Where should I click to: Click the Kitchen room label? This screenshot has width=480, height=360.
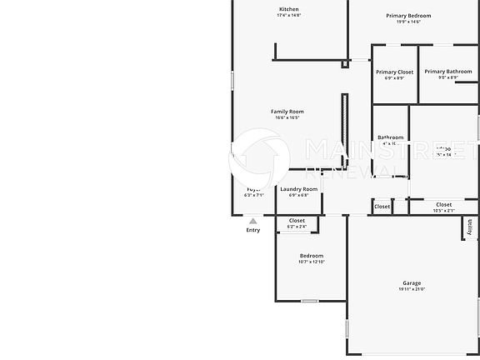288,9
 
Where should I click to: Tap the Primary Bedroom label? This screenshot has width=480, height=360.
408,16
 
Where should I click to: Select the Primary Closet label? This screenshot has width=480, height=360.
394,72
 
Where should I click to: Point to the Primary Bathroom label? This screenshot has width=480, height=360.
447,72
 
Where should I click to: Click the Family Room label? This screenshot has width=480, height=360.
287,112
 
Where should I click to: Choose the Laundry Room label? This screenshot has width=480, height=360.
298,189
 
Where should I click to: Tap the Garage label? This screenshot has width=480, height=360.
412,283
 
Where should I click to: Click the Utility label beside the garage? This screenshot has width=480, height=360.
470,226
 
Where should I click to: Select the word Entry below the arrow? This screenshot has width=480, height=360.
252,230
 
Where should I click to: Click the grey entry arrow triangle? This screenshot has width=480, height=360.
252,221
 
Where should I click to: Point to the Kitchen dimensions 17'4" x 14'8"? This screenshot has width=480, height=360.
288,15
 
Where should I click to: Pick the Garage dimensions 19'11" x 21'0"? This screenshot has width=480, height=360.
412,289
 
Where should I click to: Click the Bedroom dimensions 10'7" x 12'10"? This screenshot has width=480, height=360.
311,262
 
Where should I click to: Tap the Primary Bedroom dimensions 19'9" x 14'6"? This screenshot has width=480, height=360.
408,22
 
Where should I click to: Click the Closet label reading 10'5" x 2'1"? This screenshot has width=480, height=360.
443,205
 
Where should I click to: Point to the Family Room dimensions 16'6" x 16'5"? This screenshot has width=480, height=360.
287,117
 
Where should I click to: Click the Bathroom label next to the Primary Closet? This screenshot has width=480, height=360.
390,137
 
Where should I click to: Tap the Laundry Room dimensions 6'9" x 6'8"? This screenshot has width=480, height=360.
298,195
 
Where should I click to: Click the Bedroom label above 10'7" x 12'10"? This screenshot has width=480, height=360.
311,256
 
